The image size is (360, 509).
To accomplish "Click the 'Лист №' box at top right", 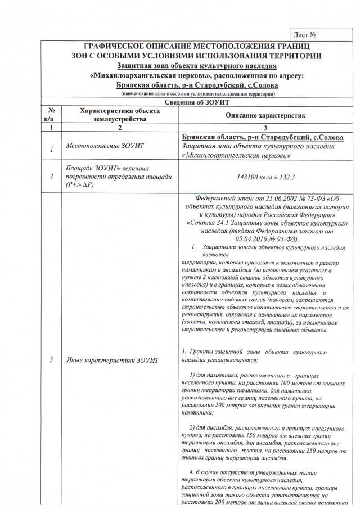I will [318, 35].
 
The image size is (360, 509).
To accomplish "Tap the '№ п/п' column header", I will [51, 115].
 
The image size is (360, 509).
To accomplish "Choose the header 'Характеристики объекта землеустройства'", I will [120, 115].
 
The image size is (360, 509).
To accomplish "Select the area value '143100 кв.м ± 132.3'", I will [265, 176].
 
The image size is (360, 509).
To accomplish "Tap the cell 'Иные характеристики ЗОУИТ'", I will [113, 359].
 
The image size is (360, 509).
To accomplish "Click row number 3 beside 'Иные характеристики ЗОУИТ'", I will [51, 359].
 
